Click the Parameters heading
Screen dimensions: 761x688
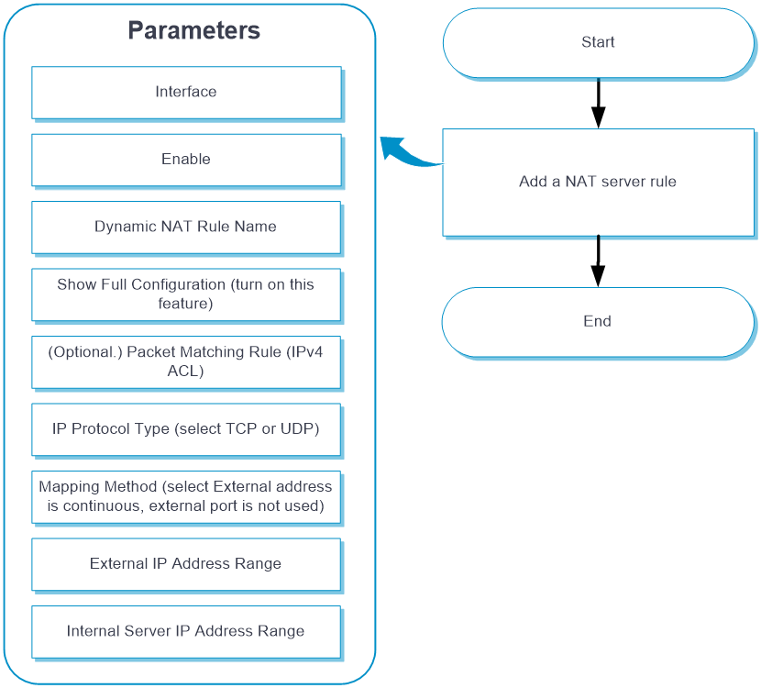coord(194,30)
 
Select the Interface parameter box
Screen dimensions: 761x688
coord(186,93)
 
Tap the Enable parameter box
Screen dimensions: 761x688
coord(186,160)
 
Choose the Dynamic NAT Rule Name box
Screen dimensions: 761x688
coord(186,227)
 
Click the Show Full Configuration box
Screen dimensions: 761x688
coord(186,294)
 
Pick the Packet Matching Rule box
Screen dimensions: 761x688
coord(186,362)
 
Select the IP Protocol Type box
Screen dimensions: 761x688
coord(186,429)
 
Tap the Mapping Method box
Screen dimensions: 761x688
coord(186,497)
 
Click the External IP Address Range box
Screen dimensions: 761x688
coord(186,564)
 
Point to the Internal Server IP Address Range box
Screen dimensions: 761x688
coord(186,632)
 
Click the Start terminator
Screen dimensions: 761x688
coord(599,43)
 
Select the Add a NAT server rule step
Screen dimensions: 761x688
coord(599,183)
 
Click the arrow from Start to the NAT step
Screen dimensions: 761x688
coord(599,103)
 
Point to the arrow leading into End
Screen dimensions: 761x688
coord(598,261)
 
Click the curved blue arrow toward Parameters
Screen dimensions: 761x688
coord(408,154)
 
